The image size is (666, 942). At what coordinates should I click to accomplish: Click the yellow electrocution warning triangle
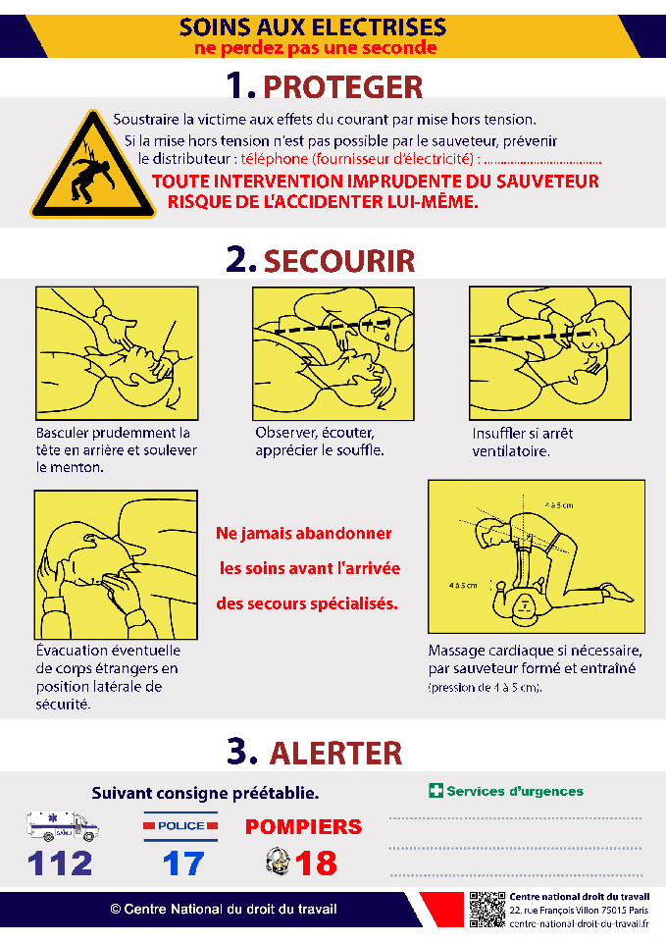tap(93, 168)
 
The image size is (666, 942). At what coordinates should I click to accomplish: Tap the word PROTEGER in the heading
tap(343, 86)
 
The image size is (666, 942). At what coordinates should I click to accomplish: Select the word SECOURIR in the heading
tap(338, 260)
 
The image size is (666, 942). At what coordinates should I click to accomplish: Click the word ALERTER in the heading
tap(335, 753)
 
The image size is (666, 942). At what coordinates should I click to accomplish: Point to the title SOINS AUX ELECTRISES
tap(313, 27)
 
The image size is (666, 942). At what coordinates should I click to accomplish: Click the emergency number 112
tap(60, 863)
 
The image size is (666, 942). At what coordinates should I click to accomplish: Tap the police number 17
tap(183, 863)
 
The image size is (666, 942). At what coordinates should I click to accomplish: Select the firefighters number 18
tap(316, 863)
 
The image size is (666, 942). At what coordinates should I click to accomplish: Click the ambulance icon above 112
tap(63, 826)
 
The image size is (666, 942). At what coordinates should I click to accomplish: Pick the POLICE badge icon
tap(181, 826)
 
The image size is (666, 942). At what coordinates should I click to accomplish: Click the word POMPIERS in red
tap(303, 827)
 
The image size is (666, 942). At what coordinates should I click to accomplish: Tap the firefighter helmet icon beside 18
tap(278, 862)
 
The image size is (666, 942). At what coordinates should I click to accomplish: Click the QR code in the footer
tap(487, 909)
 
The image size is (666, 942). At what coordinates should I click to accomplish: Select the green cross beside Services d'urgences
tap(435, 791)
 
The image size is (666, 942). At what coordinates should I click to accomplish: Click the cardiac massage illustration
tap(536, 556)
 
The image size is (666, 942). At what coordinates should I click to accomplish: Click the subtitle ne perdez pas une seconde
tap(315, 47)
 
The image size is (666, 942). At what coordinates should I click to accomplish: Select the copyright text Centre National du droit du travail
tap(224, 909)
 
